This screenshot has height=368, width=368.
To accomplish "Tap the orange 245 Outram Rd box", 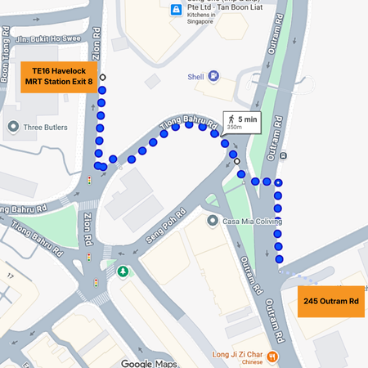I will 331,301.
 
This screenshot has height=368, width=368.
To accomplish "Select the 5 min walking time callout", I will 242,122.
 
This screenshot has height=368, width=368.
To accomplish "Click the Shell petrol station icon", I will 213,76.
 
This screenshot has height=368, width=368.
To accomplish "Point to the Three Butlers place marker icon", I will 13,128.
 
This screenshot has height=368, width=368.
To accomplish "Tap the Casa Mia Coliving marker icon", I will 213,221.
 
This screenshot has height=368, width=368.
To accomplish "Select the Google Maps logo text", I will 149,363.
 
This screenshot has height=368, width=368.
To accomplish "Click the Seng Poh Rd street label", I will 161,226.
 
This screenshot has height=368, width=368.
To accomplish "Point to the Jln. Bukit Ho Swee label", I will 52,38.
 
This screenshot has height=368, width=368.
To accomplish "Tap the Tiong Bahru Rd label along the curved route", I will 189,123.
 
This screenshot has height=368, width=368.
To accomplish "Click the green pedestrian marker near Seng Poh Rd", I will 123,271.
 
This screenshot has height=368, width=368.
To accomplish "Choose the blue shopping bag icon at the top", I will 176,10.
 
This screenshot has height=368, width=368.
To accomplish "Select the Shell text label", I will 195,77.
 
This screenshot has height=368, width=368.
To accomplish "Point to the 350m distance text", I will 235,128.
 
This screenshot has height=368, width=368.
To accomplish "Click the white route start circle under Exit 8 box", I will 102,79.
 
